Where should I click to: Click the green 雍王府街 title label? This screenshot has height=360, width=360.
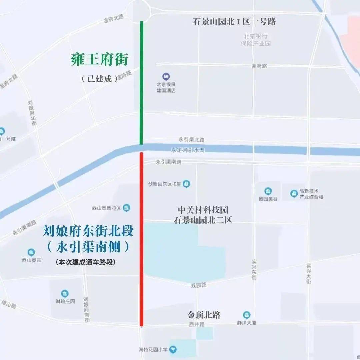coord(100,60)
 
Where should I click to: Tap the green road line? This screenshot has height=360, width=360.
coord(142,83)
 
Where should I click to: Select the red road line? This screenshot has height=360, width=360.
coord(142,240)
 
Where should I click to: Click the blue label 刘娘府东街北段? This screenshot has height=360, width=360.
coord(88,231)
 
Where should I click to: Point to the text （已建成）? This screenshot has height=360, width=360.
coord(99,79)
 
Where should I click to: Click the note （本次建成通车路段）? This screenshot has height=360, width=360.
coord(86,262)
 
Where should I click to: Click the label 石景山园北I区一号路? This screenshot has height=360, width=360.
coord(234,22)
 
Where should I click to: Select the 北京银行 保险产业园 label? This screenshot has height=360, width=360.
coord(256,40)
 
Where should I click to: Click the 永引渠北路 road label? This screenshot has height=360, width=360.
coord(191,140)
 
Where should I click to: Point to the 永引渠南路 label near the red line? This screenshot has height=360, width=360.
coord(168,162)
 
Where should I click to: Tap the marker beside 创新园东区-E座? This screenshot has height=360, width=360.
coord(186,184)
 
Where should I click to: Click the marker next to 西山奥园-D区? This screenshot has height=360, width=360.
coord(126,208)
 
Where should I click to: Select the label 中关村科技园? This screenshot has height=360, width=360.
coord(203,210)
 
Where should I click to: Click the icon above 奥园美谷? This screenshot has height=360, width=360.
coord(268,191)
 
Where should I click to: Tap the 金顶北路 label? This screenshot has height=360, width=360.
coord(204,315)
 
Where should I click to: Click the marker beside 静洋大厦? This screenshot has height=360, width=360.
coord(246,315)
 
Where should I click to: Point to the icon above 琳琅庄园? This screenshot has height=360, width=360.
coord(65,294)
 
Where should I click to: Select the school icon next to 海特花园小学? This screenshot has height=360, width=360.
coord(173,349)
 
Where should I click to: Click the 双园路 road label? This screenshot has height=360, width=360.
coord(199,285)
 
